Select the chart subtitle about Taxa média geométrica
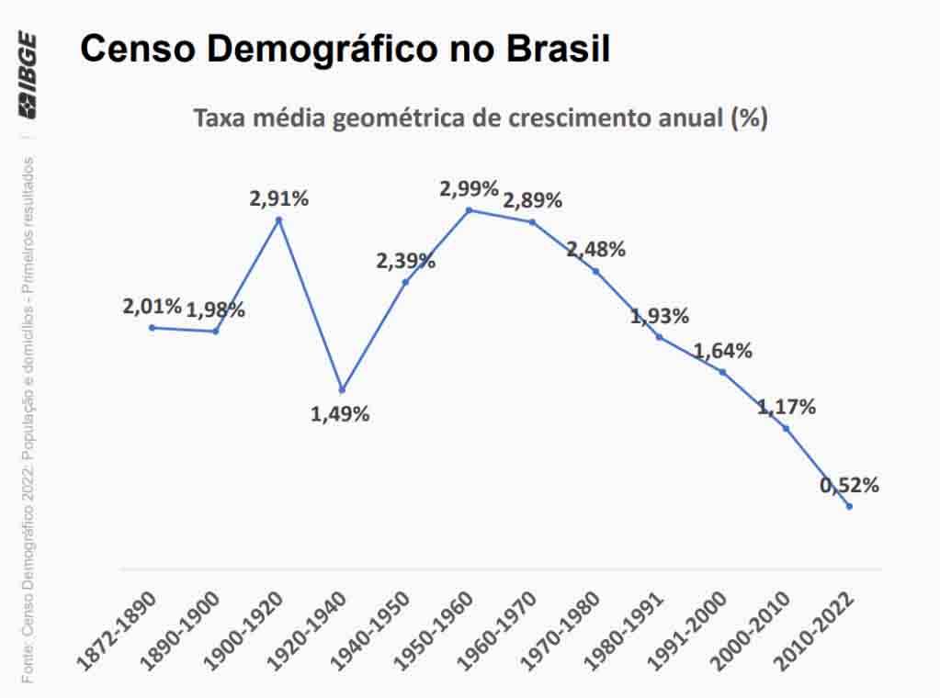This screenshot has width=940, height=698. click(479, 118)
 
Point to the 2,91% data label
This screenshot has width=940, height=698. click(279, 197)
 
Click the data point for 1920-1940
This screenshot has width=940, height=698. click(342, 389)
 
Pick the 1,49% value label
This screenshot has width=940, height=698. click(340, 414)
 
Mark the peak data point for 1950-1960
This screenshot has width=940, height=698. click(469, 210)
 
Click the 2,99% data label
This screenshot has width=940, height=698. click(469, 189)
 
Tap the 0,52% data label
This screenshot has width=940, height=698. click(849, 485)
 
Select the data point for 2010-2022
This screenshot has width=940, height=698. click(849, 506)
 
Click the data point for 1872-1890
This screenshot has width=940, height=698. click(152, 327)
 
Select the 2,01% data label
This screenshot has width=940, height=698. click(152, 306)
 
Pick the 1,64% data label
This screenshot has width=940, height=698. click(722, 351)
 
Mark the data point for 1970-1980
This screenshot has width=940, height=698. click(595, 271)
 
